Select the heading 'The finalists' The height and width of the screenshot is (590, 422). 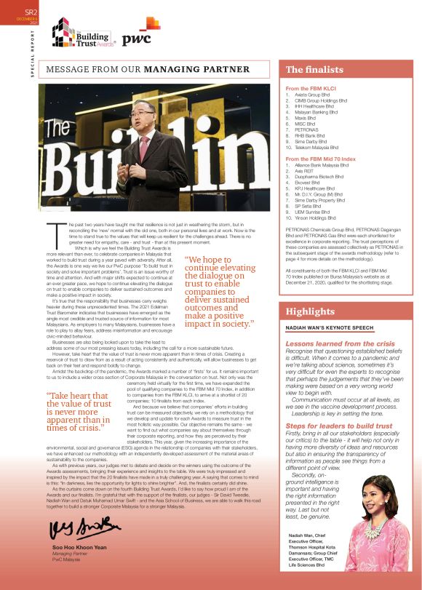point(314,70)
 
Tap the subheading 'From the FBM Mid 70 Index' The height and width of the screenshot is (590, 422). point(320,159)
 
